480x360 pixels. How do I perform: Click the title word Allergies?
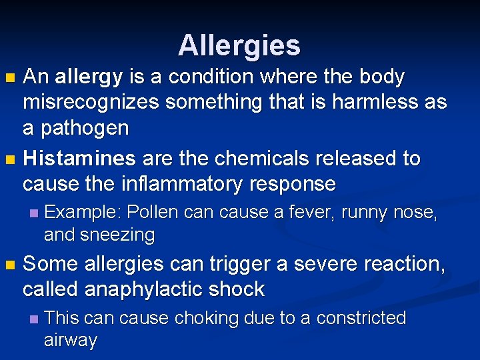(x=239, y=45)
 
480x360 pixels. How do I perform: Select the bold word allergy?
(x=89, y=78)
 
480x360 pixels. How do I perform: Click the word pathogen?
(x=85, y=128)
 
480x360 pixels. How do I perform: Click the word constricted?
(x=361, y=318)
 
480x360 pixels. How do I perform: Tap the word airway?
(x=70, y=340)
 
